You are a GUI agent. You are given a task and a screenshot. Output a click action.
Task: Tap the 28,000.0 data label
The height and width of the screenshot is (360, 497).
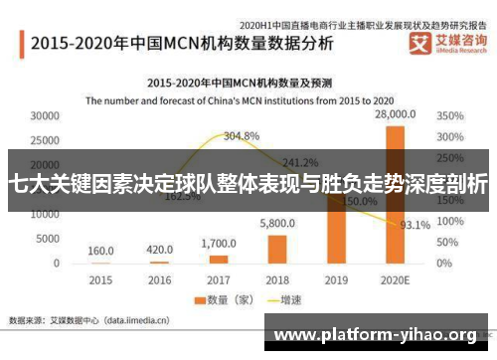click(x=394, y=116)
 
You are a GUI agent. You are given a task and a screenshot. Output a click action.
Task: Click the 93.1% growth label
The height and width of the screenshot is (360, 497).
click(x=414, y=225)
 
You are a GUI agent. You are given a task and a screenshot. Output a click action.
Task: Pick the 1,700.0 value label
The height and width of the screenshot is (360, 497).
click(x=219, y=243)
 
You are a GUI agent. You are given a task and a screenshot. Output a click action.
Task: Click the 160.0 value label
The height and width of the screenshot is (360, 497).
click(x=100, y=250)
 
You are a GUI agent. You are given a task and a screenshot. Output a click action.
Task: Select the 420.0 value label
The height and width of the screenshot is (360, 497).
click(x=159, y=249)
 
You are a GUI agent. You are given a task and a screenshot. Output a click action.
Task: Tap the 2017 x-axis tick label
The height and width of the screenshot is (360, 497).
click(x=218, y=279)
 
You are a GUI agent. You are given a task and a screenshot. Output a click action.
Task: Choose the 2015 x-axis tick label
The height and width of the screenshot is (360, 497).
click(x=100, y=279)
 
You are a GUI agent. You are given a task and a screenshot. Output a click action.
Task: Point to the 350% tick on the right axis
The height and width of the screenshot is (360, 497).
click(x=450, y=115)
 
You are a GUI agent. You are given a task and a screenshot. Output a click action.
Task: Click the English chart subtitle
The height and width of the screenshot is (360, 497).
click(x=248, y=99)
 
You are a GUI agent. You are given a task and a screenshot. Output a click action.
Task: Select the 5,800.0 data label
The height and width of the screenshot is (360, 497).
click(x=277, y=224)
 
